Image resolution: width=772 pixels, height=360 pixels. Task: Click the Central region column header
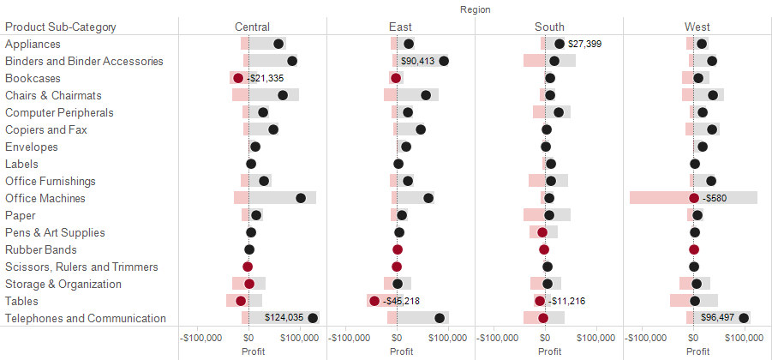click(252, 27)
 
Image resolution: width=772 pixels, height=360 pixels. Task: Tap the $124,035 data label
click(284, 318)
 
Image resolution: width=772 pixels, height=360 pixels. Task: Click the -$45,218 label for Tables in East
click(401, 301)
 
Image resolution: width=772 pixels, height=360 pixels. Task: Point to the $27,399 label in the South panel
click(585, 44)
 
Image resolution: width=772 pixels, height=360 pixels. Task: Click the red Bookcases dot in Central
click(237, 78)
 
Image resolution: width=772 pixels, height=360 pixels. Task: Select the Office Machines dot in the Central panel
click(301, 198)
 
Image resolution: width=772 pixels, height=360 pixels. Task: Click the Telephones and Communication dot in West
click(744, 318)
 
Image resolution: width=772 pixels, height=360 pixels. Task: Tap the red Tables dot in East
click(374, 301)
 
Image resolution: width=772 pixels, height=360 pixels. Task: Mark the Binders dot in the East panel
click(444, 61)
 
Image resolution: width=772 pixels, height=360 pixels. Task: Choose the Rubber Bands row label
click(41, 249)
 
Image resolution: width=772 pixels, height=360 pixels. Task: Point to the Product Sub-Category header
click(61, 27)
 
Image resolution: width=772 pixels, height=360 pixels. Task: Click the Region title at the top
click(476, 9)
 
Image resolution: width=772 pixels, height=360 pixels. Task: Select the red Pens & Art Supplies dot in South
click(542, 232)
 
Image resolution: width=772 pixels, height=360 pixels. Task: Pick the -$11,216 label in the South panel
click(566, 301)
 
